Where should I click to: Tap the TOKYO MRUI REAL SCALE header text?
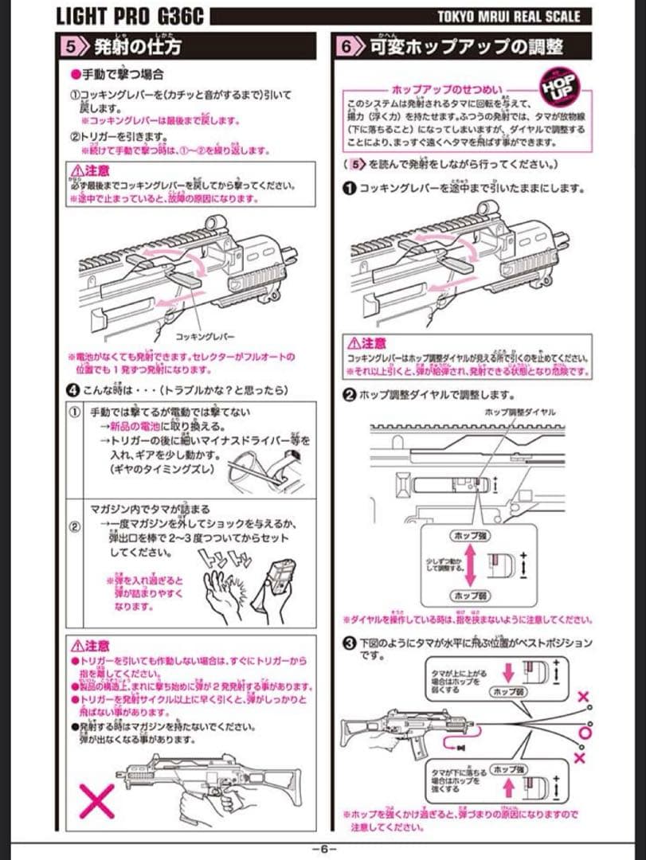coord(509,16)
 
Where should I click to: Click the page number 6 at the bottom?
coord(324,849)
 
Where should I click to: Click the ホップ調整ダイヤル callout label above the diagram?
coord(519,412)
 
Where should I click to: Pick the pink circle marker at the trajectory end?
coord(585,729)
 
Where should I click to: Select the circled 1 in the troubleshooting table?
coord(73,412)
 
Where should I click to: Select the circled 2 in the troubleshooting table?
coord(73,526)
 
